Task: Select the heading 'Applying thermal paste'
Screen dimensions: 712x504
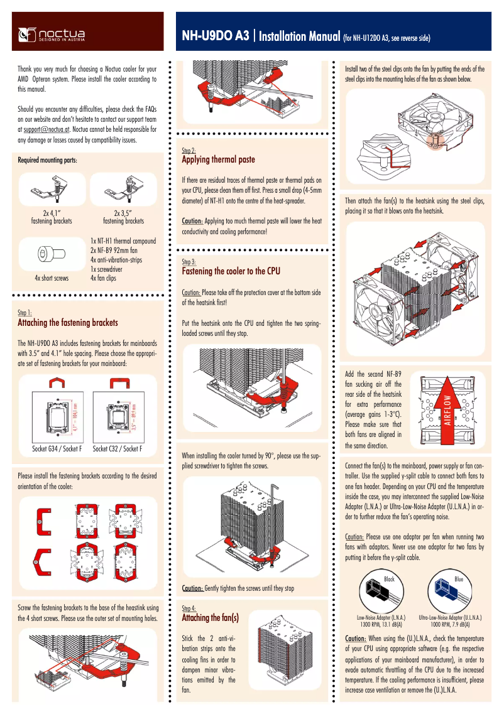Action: [218, 160]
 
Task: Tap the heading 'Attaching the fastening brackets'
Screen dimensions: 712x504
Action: [68, 323]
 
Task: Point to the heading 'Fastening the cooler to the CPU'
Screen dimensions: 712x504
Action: [231, 271]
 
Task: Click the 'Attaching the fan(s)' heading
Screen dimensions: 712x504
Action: [210, 618]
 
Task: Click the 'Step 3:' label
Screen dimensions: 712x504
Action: [189, 261]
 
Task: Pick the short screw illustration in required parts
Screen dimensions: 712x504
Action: [50, 254]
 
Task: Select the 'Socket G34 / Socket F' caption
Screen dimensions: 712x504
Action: [57, 449]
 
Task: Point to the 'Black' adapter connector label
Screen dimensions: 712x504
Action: [389, 579]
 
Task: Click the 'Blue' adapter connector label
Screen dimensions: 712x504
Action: [459, 579]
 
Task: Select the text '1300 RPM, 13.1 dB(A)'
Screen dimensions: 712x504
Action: [381, 625]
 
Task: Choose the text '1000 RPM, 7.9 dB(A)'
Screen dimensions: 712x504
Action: [451, 625]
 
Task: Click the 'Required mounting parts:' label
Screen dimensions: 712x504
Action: [48, 160]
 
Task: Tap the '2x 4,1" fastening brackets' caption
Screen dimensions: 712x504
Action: [52, 217]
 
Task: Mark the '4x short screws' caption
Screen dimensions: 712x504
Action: [52, 277]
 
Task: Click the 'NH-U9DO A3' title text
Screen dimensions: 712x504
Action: [216, 36]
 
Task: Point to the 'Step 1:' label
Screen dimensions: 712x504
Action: [25, 312]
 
